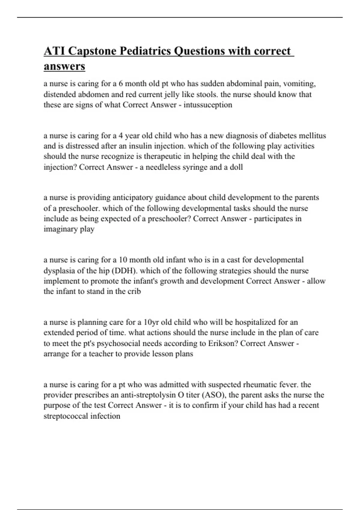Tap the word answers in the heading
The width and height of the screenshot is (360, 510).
click(64, 66)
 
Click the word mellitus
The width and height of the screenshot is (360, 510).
click(313, 136)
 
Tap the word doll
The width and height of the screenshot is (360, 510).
click(236, 167)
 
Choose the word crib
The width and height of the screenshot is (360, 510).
click(134, 291)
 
